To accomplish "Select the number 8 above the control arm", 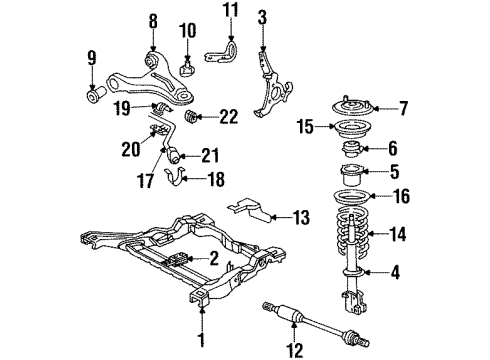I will point(152,20).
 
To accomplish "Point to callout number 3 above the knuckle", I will point(262,16).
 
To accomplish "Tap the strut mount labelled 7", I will point(343,105).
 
